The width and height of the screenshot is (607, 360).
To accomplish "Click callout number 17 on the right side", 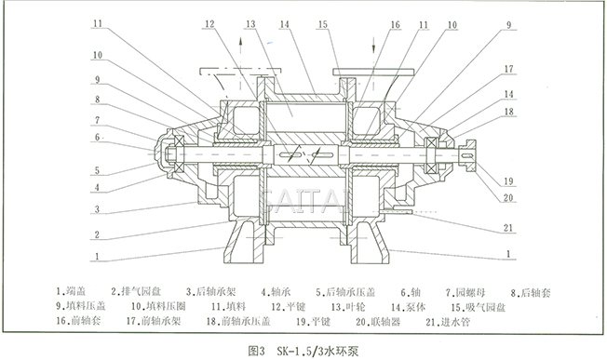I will point(509,68).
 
